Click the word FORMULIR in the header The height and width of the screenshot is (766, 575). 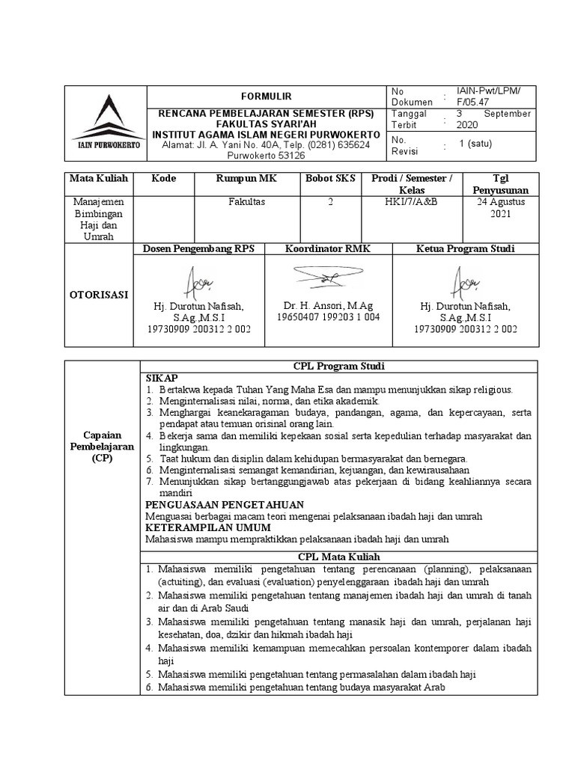click(266, 96)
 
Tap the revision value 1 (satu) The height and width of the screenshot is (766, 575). click(476, 144)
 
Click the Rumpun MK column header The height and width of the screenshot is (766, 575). click(246, 179)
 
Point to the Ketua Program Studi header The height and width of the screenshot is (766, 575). click(465, 248)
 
